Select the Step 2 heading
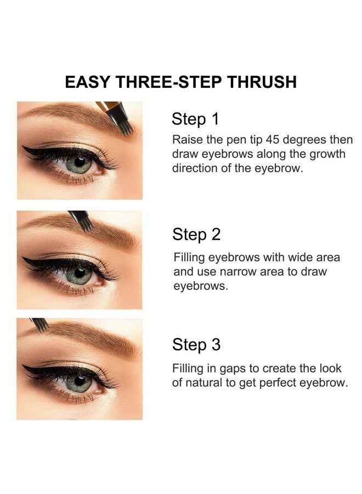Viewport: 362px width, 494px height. click(x=196, y=234)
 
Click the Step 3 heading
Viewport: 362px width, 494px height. click(x=196, y=345)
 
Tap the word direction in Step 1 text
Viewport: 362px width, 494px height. click(x=194, y=169)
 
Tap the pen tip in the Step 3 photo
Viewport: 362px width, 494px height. click(x=40, y=327)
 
